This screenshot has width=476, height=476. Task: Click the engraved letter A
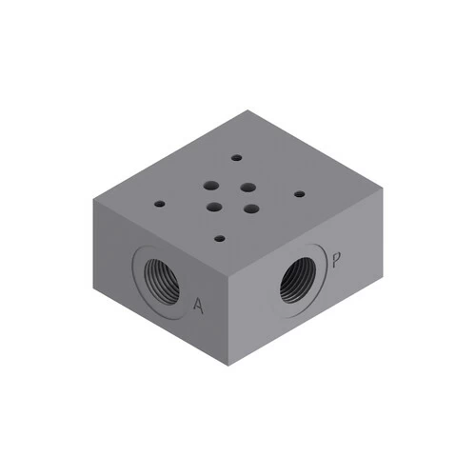[198, 306]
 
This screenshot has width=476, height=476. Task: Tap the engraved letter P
[336, 260]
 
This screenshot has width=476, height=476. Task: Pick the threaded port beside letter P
[297, 280]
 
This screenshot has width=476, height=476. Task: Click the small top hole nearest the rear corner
[237, 157]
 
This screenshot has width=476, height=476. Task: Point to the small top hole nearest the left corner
[160, 204]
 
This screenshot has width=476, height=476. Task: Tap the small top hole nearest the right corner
[300, 194]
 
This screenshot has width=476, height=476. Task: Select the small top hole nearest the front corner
[220, 238]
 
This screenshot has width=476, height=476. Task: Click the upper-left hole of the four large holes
[211, 186]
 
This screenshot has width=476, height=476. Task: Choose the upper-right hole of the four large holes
[248, 188]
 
